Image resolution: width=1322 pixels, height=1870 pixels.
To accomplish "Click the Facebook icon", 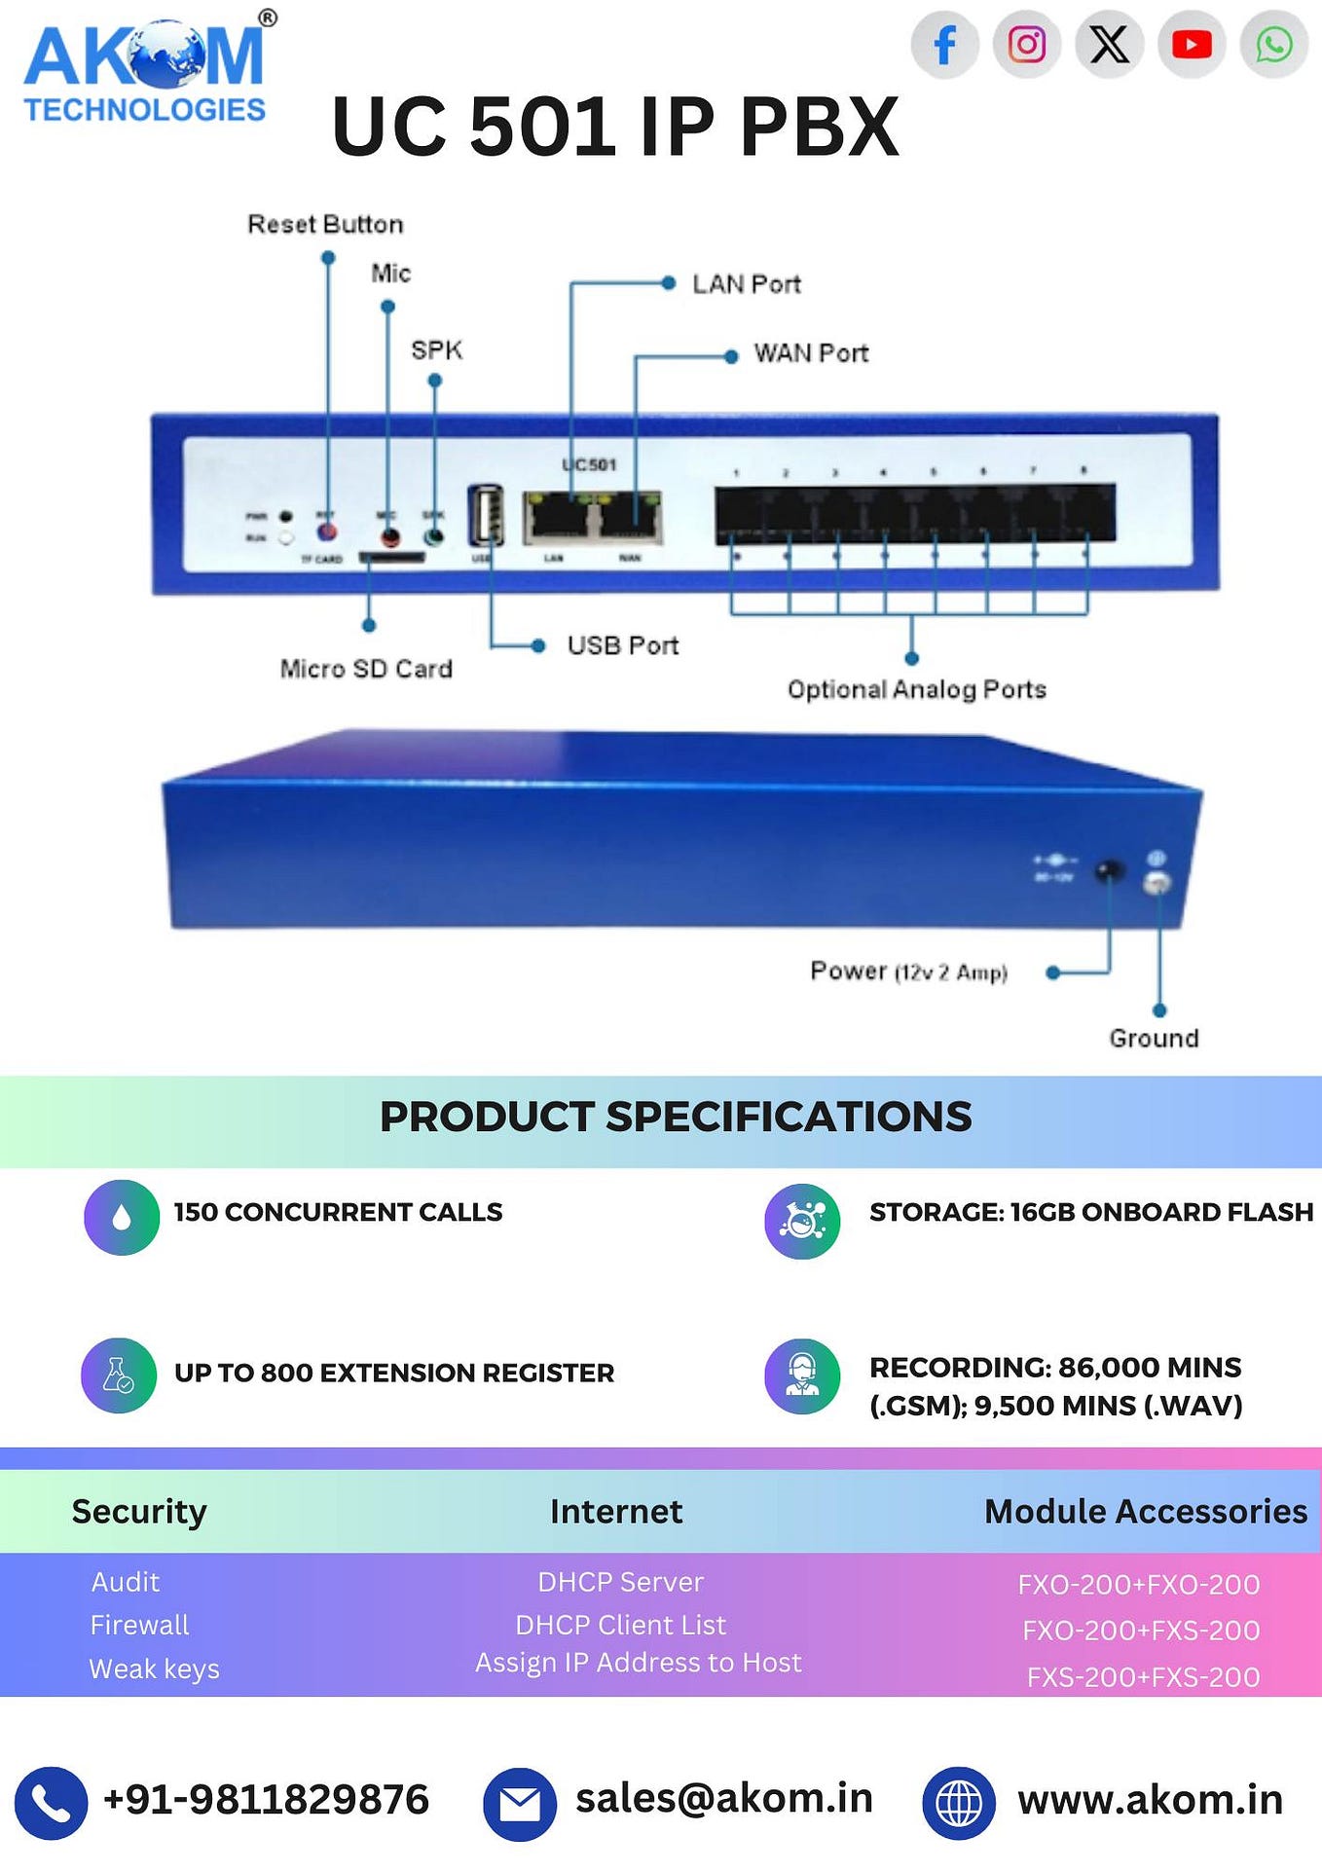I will tap(944, 45).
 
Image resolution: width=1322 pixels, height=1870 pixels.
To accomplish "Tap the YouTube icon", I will tap(1192, 45).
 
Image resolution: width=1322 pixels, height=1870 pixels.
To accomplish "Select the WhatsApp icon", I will tap(1273, 45).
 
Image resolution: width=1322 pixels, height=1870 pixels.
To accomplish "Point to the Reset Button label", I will tap(325, 225).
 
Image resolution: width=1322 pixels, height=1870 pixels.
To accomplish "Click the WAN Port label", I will tap(811, 353).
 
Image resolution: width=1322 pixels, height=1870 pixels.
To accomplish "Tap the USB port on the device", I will tap(486, 515).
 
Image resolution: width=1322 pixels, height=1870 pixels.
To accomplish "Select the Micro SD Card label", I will tap(366, 670).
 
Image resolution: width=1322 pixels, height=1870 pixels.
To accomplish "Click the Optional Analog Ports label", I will tap(916, 690).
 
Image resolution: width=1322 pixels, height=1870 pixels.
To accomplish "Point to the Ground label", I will tap(1154, 1039).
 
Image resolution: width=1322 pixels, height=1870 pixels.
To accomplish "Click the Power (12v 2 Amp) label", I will tap(908, 972).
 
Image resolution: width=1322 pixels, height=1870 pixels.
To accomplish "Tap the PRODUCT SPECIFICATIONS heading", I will tap(675, 1118).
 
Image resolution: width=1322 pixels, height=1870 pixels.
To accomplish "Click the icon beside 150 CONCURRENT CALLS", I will tap(122, 1218).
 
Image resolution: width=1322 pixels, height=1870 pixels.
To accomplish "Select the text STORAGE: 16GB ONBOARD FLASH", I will tap(1090, 1213).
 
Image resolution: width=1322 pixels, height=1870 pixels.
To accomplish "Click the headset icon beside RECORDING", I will tap(802, 1376).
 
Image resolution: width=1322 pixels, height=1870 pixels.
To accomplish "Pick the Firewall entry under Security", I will tap(139, 1626).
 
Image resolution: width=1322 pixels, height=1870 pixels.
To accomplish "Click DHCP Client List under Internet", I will tap(620, 1626).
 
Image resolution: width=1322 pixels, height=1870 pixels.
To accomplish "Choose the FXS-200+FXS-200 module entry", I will tap(1143, 1677).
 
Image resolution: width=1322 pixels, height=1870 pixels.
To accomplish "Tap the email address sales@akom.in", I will tap(723, 1799).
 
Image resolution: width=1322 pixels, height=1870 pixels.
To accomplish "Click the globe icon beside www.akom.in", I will tap(958, 1804).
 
